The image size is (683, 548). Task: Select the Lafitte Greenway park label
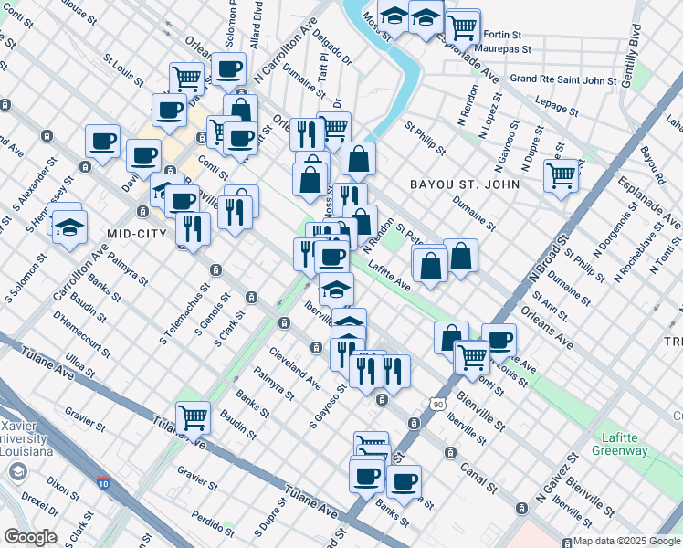[x=625, y=443]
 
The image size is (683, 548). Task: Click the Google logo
[x=30, y=537]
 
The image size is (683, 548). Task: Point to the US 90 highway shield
[x=438, y=402]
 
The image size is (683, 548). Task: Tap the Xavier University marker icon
[x=16, y=471]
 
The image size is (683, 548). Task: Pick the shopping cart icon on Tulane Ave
[x=193, y=417]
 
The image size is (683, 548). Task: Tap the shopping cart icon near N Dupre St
[x=561, y=174]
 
